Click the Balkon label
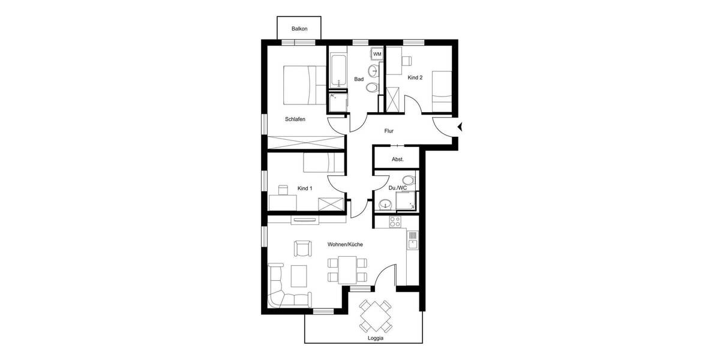[x=300, y=29]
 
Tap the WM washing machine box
[x=377, y=54]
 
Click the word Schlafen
[x=295, y=119]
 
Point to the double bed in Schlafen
[x=299, y=84]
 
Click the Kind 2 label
[x=415, y=78]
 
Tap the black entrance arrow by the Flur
[x=460, y=126]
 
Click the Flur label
[x=389, y=130]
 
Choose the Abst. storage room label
[x=397, y=160]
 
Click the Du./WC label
[x=398, y=188]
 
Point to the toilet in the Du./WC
[x=409, y=179]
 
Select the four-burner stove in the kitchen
[x=395, y=221]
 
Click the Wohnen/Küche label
[x=345, y=245]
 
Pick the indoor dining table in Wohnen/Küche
[x=347, y=269]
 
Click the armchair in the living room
[x=303, y=248]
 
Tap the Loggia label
[x=376, y=338]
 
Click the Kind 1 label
[x=305, y=188]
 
